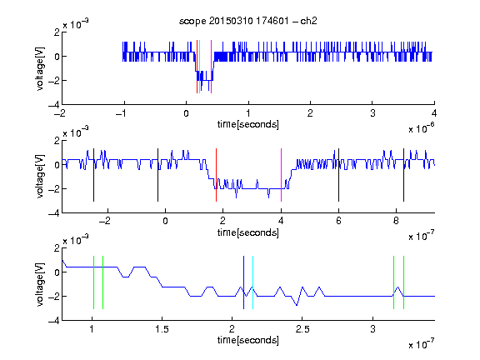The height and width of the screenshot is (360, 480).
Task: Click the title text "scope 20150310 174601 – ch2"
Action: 248,21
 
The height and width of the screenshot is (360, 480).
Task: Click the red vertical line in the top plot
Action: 197,67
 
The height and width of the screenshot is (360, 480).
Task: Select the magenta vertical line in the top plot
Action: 211,67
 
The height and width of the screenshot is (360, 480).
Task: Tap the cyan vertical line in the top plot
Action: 199,67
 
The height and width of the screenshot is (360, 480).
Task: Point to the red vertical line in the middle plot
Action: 216,175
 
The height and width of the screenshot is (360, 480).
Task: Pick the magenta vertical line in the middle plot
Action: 281,175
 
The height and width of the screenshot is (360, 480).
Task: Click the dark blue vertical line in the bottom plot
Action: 243,282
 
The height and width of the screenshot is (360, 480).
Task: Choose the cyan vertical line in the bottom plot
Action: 252,282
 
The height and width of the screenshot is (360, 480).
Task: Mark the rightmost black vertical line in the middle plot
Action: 403,175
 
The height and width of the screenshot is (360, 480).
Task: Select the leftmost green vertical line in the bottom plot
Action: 93,282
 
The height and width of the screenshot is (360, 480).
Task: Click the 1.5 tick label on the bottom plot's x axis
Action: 162,329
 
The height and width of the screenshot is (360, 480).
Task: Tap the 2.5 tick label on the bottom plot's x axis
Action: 302,329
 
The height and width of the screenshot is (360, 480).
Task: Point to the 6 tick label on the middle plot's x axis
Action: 338,221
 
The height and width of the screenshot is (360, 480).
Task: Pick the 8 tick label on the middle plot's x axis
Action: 396,221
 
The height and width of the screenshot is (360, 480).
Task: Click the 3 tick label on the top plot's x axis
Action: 372,113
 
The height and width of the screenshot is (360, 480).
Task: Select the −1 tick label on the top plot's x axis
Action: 122,113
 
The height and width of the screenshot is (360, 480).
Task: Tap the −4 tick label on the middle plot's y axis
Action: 54,213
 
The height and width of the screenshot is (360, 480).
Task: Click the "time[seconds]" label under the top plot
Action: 248,124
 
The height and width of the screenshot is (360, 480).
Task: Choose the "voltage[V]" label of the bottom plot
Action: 40,284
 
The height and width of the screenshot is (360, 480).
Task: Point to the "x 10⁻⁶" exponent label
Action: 421,128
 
